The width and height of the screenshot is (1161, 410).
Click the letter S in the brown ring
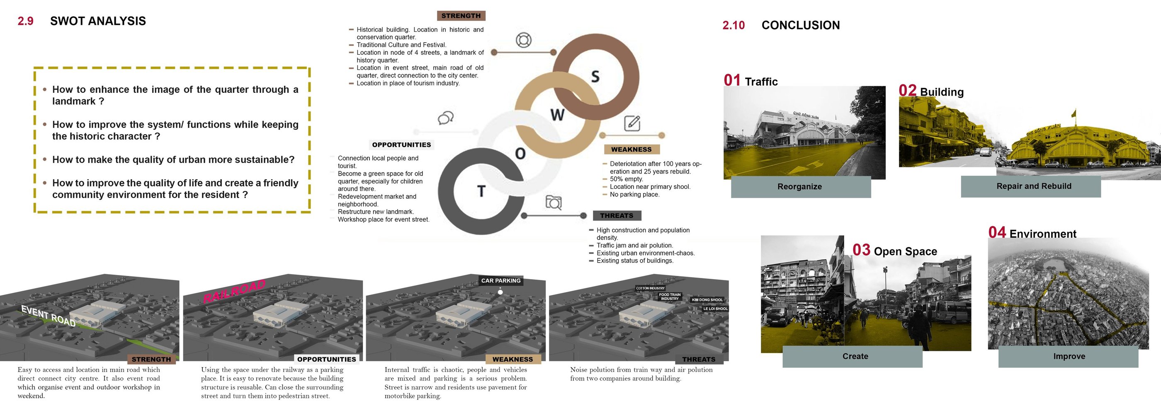point(595,77)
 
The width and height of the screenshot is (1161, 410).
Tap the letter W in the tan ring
point(558,115)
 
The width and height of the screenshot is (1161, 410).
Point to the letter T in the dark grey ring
point(481,191)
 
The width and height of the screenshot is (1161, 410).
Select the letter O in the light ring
point(520,154)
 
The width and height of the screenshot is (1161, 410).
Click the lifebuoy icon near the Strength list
point(523,40)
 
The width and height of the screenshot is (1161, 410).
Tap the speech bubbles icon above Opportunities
point(445,118)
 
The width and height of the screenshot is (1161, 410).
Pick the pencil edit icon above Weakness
point(632,123)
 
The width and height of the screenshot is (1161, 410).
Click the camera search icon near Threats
point(554,203)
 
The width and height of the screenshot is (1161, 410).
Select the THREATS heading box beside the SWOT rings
point(617,216)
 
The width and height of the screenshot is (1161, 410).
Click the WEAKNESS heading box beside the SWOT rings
point(631,150)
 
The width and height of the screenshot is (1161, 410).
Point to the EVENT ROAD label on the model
point(48,316)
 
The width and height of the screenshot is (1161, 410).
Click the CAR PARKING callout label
point(501,280)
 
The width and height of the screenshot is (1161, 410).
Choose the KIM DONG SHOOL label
point(707,300)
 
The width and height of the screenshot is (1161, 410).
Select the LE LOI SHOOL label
point(715,309)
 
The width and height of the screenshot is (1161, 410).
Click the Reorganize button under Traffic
point(800,187)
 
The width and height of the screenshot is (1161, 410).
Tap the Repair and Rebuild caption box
point(1034,186)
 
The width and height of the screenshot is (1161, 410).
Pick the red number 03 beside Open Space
point(861,250)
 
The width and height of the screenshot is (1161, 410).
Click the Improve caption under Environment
point(1069,357)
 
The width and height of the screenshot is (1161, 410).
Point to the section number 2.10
point(733,25)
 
